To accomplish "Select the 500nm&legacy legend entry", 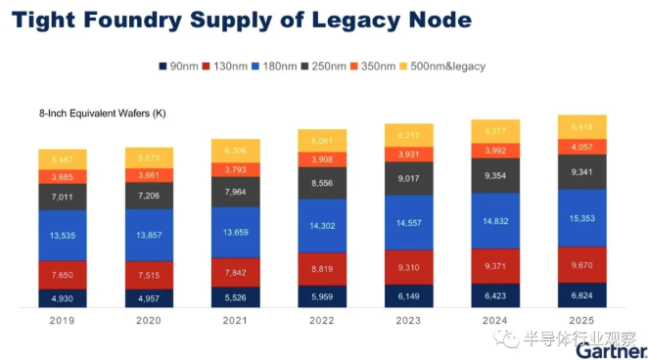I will (444, 66).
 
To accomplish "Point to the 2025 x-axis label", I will (581, 320).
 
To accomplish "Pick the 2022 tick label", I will (322, 320).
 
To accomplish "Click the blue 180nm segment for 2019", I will (63, 236).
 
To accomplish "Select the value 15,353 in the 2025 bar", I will (582, 217).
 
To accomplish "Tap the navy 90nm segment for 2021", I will (235, 296).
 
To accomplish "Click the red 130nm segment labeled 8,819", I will (322, 267).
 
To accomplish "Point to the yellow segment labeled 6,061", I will (322, 140).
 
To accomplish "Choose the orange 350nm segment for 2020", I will (149, 175).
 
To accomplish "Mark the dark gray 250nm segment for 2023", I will (408, 178).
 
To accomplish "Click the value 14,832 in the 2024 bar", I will (495, 221).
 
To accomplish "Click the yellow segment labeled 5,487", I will (63, 158).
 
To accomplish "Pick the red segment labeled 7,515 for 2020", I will (149, 275).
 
